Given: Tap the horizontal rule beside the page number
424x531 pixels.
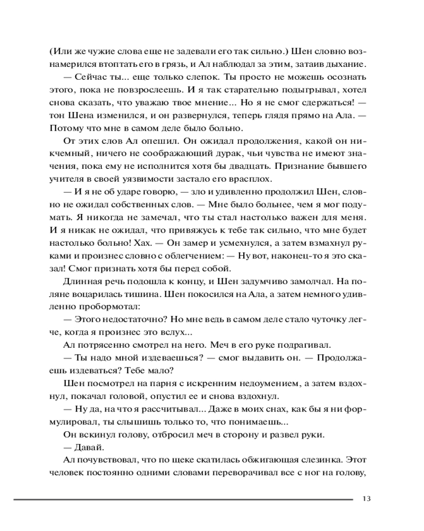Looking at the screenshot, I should click(x=183, y=499).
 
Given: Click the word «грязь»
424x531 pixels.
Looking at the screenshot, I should click(x=170, y=64).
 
